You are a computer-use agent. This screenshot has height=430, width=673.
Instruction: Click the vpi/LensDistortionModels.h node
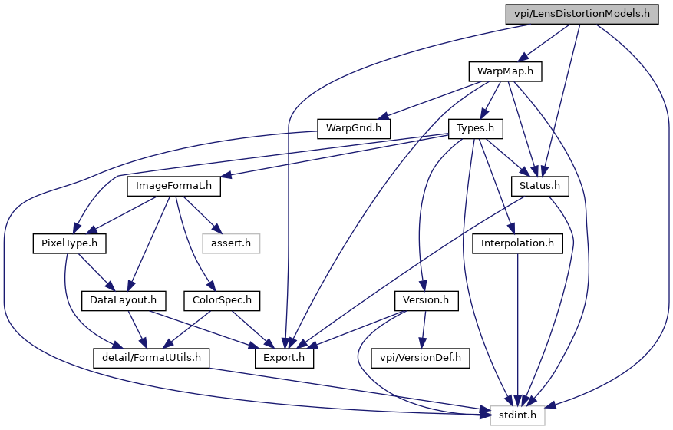pyautogui.click(x=582, y=14)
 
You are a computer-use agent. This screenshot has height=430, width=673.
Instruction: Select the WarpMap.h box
pyautogui.click(x=505, y=71)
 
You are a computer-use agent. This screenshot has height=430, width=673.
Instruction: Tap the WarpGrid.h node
pyautogui.click(x=354, y=127)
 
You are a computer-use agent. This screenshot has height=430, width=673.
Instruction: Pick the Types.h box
pyautogui.click(x=480, y=127)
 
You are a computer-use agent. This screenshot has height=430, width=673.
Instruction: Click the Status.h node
pyautogui.click(x=540, y=186)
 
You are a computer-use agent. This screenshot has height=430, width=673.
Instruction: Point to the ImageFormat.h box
pyautogui.click(x=173, y=186)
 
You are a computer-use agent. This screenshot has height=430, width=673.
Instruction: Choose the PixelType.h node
pyautogui.click(x=69, y=243)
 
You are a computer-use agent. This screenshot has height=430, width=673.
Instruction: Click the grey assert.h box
pyautogui.click(x=231, y=243)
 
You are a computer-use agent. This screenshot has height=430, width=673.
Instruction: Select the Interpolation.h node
pyautogui.click(x=518, y=243)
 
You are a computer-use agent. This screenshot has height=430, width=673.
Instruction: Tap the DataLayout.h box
pyautogui.click(x=124, y=300)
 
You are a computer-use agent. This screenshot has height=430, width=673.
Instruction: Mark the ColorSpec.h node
pyautogui.click(x=222, y=300)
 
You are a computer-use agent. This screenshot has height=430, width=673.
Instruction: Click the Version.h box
pyautogui.click(x=426, y=300)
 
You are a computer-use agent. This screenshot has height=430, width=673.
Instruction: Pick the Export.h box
pyautogui.click(x=285, y=357)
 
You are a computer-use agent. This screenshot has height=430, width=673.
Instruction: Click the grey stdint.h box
pyautogui.click(x=518, y=415)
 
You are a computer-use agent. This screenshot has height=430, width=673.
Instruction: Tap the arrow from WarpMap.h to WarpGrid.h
pyautogui.click(x=430, y=100)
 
